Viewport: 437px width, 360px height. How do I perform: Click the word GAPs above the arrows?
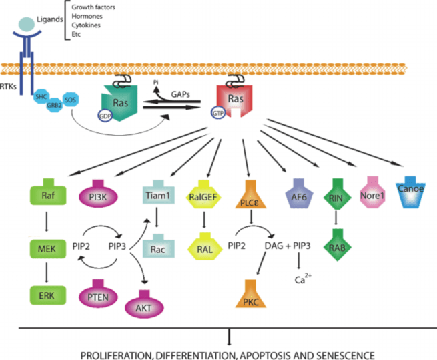[x=180, y=94]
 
